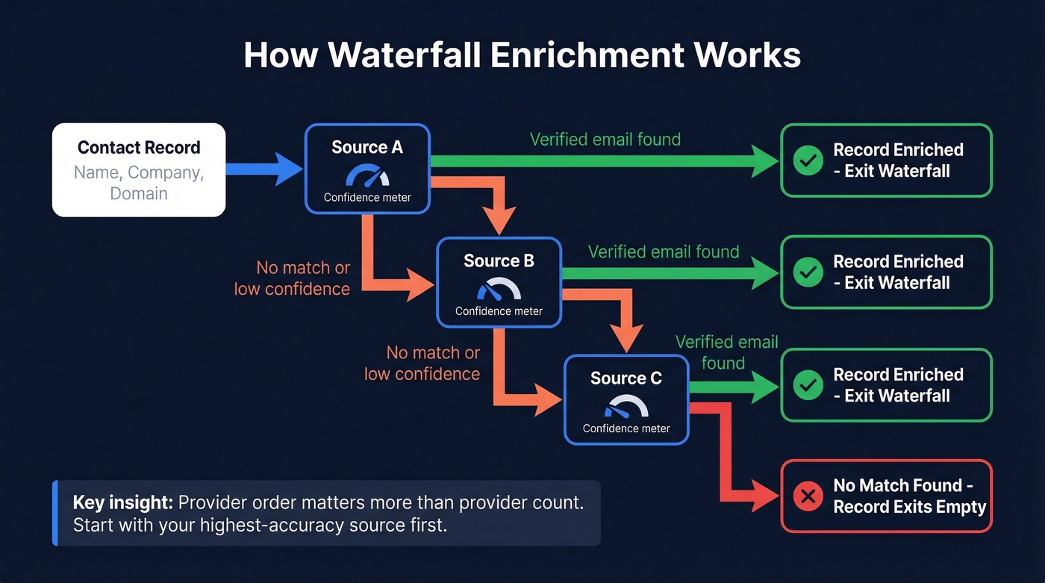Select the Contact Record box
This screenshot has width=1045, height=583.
click(x=139, y=169)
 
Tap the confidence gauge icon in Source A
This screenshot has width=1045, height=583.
click(x=367, y=176)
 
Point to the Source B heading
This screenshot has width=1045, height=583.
click(x=499, y=261)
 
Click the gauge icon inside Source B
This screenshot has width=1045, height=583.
click(x=499, y=290)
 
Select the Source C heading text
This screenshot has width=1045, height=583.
click(x=626, y=378)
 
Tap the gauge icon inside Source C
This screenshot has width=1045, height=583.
click(x=626, y=407)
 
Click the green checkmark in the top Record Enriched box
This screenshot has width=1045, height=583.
click(x=808, y=160)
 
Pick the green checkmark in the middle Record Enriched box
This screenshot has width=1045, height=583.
click(x=808, y=272)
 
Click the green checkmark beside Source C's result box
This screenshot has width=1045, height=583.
click(x=808, y=385)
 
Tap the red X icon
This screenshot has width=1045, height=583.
click(x=808, y=496)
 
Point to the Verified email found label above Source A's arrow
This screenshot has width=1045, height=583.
click(x=605, y=140)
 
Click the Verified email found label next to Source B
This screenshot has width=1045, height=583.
click(x=664, y=252)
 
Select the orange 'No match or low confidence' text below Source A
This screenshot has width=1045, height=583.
click(x=292, y=278)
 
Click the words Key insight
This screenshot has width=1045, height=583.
click(x=122, y=502)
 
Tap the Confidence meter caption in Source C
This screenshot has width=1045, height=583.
click(x=626, y=428)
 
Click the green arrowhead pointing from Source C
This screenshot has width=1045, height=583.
click(x=765, y=385)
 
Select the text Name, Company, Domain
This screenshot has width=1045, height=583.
click(x=139, y=183)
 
